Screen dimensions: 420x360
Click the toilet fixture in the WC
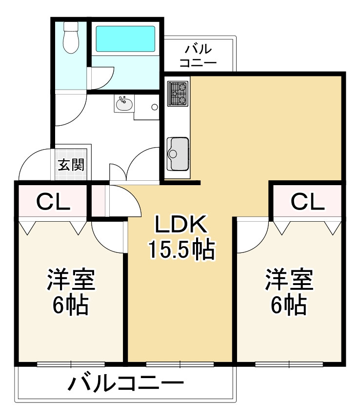[71, 38]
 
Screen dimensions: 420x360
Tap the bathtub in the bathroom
[125, 38]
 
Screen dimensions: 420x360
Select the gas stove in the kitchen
[178, 94]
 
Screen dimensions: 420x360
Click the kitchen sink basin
[178, 153]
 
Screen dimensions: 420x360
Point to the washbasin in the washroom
[123, 103]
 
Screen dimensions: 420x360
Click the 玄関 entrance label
[71, 165]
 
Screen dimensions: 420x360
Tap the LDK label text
[181, 225]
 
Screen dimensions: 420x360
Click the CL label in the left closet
[53, 201]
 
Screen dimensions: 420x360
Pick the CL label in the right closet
[308, 201]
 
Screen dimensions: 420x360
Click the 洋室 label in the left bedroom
[71, 280]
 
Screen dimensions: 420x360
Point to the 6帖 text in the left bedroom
[71, 305]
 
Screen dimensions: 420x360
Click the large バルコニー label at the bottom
[125, 384]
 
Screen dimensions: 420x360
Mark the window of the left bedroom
[71, 363]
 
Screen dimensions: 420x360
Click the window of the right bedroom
[289, 363]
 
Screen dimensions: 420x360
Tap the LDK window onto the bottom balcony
[180, 363]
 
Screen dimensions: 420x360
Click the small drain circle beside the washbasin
[155, 107]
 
